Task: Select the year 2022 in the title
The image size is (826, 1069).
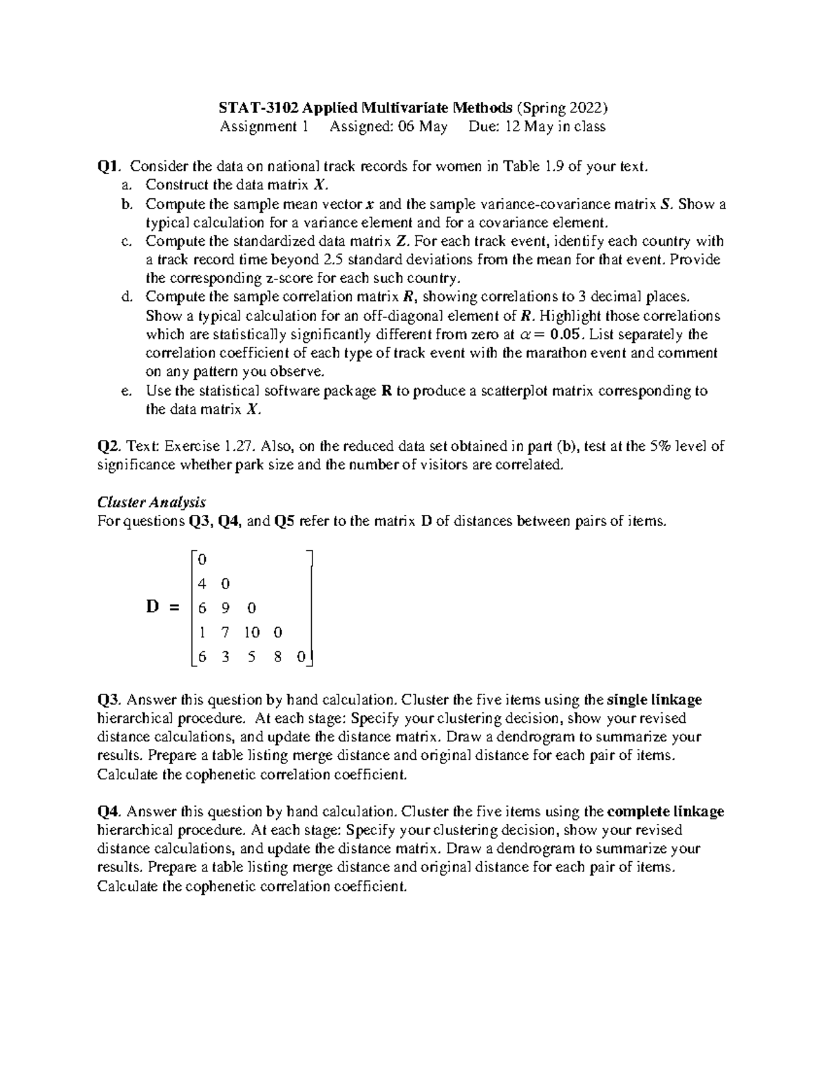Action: [587, 108]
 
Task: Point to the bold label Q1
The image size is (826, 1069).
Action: [109, 167]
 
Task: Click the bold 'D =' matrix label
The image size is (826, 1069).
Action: [162, 607]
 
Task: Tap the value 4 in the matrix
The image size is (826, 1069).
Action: [202, 584]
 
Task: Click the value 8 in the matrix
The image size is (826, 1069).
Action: [277, 657]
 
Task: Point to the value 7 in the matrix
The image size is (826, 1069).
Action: [225, 633]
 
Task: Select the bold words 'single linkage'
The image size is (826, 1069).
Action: [654, 700]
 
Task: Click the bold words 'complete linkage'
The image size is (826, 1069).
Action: [666, 812]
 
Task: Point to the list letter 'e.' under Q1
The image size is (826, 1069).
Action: [125, 391]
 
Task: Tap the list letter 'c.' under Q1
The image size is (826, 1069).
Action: [125, 242]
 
